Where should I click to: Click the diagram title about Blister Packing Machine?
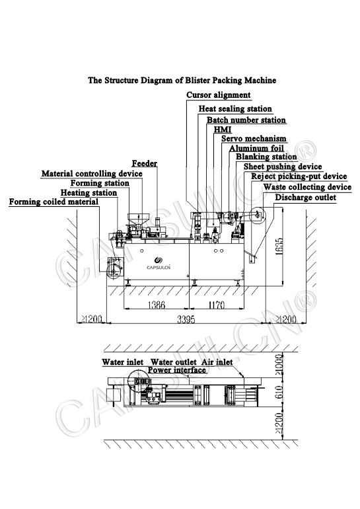[x=182, y=80]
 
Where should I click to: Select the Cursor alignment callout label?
[x=218, y=95]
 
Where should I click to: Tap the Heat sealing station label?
[x=235, y=109]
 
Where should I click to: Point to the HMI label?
[x=223, y=130]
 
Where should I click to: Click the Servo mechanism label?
[x=254, y=139]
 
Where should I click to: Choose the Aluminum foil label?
[x=256, y=148]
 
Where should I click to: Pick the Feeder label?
[x=144, y=163]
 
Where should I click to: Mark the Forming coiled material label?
[x=54, y=202]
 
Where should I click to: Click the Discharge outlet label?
[x=306, y=198]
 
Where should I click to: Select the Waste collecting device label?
[x=307, y=187]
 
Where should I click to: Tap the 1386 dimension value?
[x=157, y=305]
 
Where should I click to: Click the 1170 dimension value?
[x=216, y=305]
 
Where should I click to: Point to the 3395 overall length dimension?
[x=186, y=319]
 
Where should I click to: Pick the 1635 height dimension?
[x=279, y=247]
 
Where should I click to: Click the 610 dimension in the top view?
[x=279, y=392]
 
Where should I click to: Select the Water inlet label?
[x=123, y=362]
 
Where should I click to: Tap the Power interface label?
[x=177, y=370]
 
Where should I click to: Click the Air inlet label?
[x=217, y=362]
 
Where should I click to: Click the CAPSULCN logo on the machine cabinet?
[x=159, y=263]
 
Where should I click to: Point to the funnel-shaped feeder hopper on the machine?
[x=138, y=218]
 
